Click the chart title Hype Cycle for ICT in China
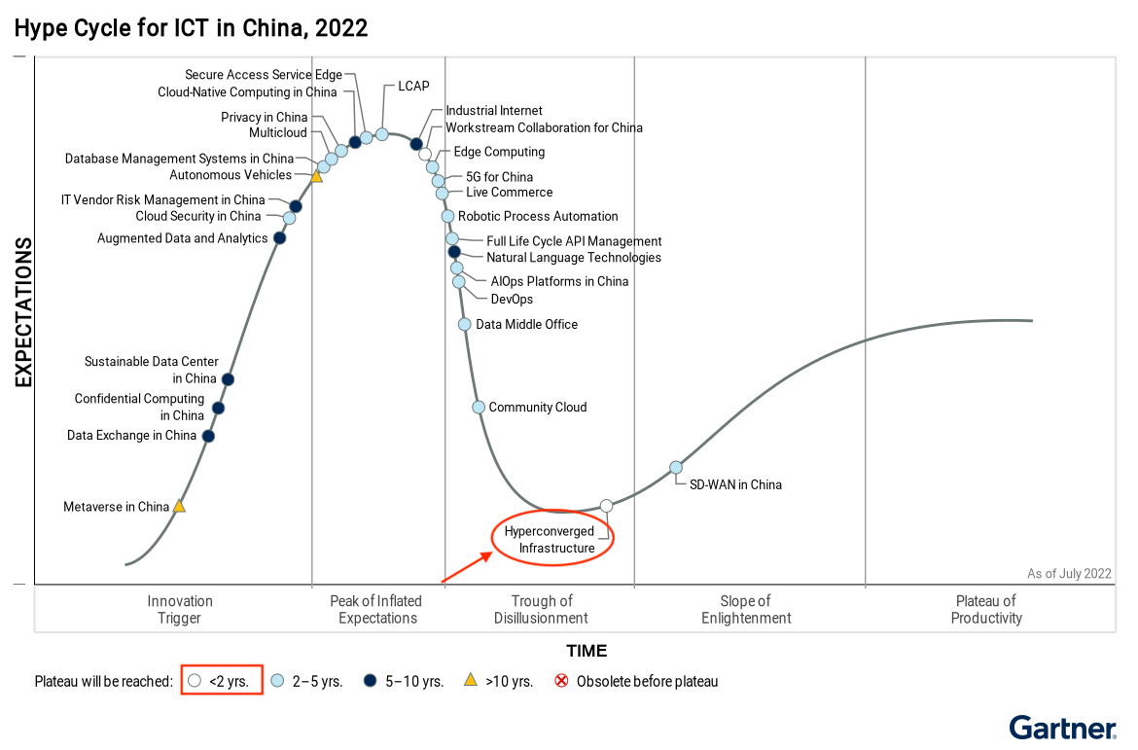pyautogui.click(x=191, y=28)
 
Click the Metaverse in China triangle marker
pyautogui.click(x=179, y=507)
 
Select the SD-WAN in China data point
pyautogui.click(x=676, y=468)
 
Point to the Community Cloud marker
pyautogui.click(x=479, y=408)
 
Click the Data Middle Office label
pyautogui.click(x=526, y=324)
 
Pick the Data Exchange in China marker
pyautogui.click(x=208, y=436)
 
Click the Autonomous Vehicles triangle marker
pyautogui.click(x=316, y=176)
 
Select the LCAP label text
pyautogui.click(x=413, y=87)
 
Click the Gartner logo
pyautogui.click(x=1062, y=728)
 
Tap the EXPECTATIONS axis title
pyautogui.click(x=23, y=312)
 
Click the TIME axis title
pyautogui.click(x=587, y=651)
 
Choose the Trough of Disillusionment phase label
pyautogui.click(x=541, y=610)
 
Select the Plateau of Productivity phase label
pyautogui.click(x=986, y=610)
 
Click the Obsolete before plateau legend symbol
pyautogui.click(x=561, y=681)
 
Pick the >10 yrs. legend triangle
pyautogui.click(x=470, y=681)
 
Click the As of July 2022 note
pyautogui.click(x=1069, y=574)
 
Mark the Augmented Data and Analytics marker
pyautogui.click(x=280, y=238)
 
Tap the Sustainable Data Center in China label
pyautogui.click(x=151, y=370)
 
